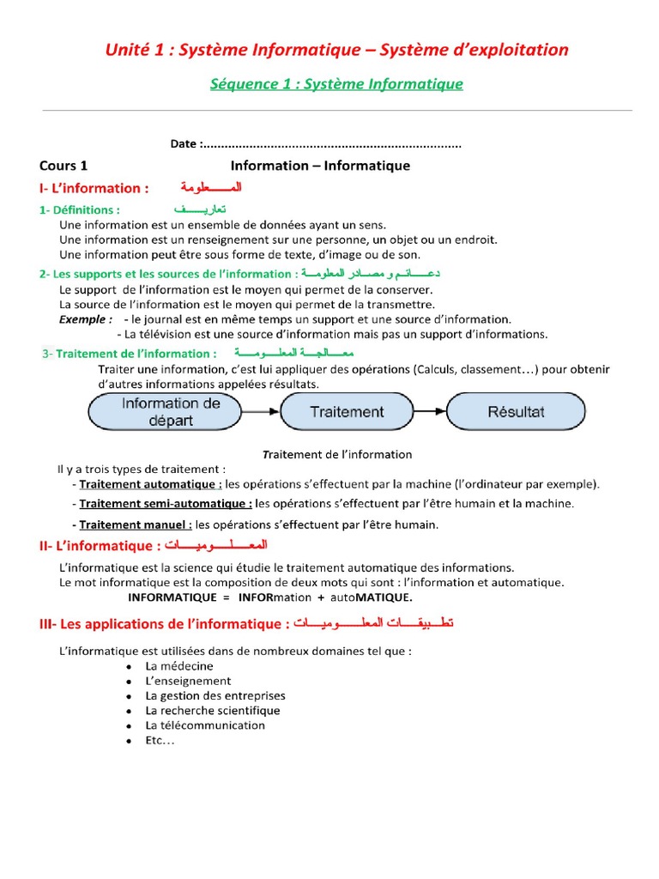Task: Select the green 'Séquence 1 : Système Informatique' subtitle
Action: tap(336, 83)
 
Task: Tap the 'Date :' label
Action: tap(184, 144)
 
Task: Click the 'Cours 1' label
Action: tap(63, 166)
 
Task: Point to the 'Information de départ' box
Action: tap(171, 412)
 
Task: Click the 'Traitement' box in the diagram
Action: tap(347, 412)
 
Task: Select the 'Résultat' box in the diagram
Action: tap(516, 412)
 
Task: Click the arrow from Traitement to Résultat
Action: tap(429, 412)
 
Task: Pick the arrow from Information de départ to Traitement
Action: tap(267, 412)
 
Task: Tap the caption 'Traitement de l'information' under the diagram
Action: tap(336, 454)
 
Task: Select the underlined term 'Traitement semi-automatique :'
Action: tap(166, 504)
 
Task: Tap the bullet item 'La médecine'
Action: tap(179, 666)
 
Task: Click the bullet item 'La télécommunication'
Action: tap(205, 725)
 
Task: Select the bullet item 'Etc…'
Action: tap(160, 740)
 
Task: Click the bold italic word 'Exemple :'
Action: tap(86, 319)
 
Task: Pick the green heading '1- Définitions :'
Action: tap(80, 210)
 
